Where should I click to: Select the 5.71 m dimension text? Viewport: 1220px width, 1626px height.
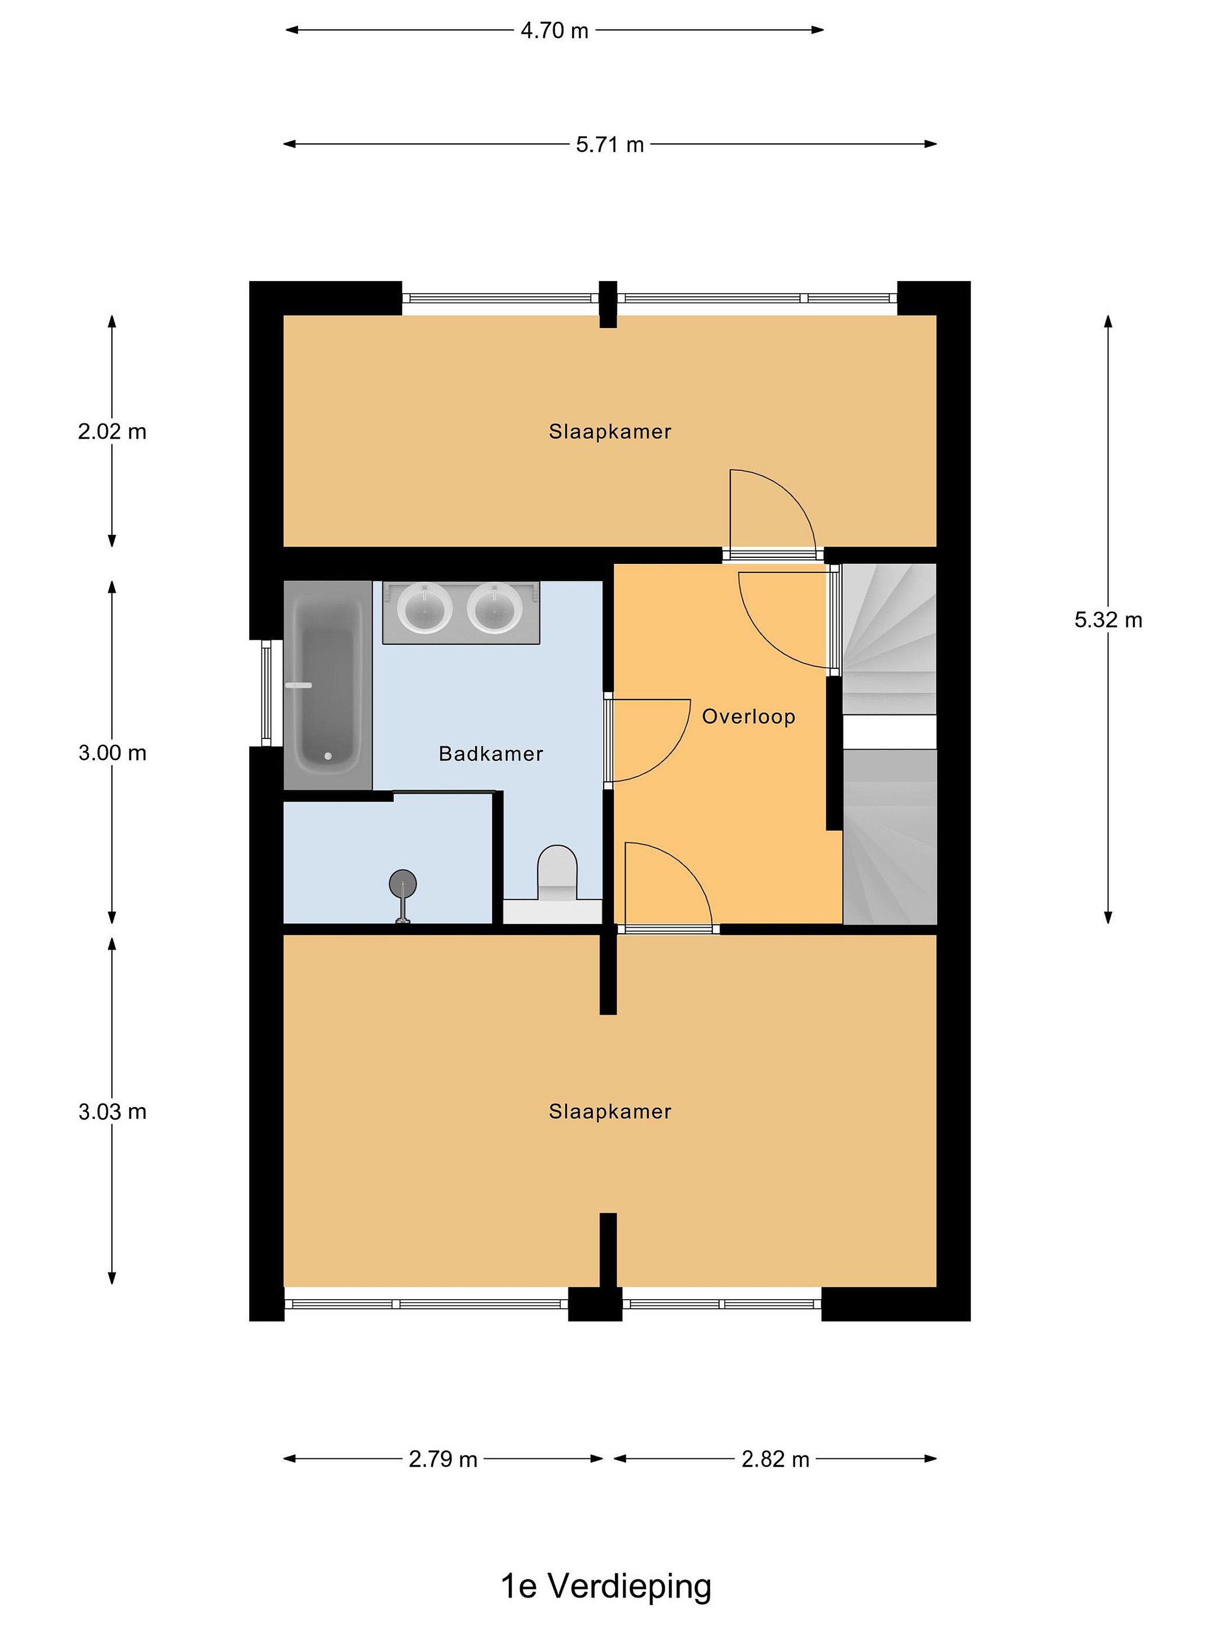[x=609, y=145]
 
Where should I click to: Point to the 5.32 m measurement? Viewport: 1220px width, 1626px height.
[x=1108, y=620]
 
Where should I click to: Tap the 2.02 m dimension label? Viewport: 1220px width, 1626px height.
[x=112, y=431]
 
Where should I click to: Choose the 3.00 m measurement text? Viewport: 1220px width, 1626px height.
[x=112, y=753]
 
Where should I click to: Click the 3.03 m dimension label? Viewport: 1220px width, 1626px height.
[x=112, y=1112]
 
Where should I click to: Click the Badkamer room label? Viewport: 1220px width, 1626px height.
[x=490, y=754]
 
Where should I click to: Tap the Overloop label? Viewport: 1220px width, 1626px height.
[x=748, y=716]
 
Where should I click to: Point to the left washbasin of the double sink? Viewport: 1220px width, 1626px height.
[x=424, y=608]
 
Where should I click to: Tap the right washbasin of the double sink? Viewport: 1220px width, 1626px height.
[x=495, y=608]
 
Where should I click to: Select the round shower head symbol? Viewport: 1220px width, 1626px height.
[x=402, y=882]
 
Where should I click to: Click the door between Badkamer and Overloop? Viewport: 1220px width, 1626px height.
[x=647, y=740]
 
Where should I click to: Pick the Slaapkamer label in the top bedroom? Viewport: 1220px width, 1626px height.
[x=609, y=431]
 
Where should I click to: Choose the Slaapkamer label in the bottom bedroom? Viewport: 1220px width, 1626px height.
[x=609, y=1112]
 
